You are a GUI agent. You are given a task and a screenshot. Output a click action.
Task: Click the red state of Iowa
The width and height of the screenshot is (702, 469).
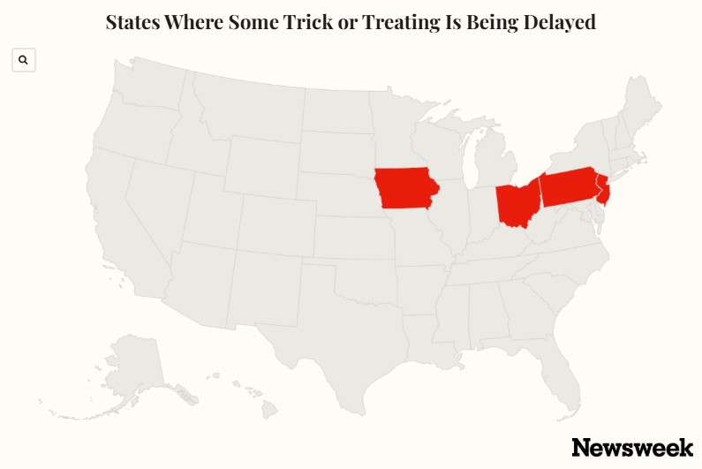tap(404, 187)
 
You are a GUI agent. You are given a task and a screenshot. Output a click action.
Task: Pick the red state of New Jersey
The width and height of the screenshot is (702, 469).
tap(604, 191)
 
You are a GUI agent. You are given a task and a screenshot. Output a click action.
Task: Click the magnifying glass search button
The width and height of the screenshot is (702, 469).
tap(24, 60)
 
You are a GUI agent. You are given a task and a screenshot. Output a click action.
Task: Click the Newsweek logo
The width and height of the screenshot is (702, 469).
tap(631, 447)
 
